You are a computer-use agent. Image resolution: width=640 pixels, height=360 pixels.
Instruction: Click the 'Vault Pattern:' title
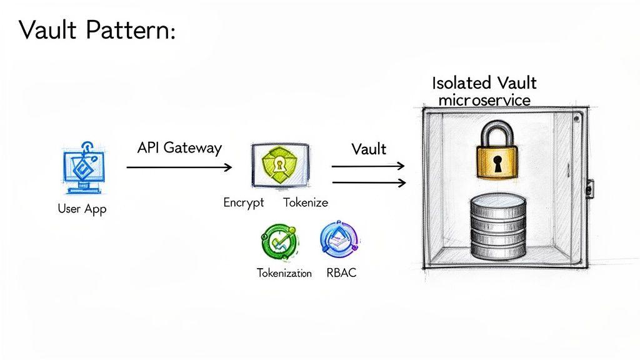coord(97,29)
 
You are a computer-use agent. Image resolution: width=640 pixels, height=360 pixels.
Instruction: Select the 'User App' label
coord(82,209)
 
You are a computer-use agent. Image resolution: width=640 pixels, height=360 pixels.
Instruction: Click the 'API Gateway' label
coord(179,148)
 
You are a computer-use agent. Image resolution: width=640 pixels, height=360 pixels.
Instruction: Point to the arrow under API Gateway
coord(179,167)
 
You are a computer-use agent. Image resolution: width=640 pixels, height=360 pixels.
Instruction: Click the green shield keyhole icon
coord(279,165)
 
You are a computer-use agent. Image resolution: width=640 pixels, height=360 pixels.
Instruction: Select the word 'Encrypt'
coord(243,202)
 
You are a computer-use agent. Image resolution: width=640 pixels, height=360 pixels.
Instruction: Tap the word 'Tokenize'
coord(305,202)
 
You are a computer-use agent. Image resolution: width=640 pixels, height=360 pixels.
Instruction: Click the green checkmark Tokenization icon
coord(280,242)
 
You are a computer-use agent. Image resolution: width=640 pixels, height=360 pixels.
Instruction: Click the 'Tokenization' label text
coord(284,273)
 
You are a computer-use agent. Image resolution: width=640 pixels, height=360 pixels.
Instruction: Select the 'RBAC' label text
coord(341,273)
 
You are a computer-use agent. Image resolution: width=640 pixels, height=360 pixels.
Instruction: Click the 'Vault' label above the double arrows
coord(369,149)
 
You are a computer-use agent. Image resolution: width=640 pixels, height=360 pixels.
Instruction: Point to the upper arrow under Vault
coord(368,167)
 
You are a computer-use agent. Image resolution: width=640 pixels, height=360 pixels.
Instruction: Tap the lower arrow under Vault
coord(368,182)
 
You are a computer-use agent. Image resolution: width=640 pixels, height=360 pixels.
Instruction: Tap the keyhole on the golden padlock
coord(498,164)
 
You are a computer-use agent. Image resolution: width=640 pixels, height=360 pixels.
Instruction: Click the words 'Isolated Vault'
coord(484,83)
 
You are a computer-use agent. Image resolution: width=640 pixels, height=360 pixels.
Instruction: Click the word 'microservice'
coord(484,99)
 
